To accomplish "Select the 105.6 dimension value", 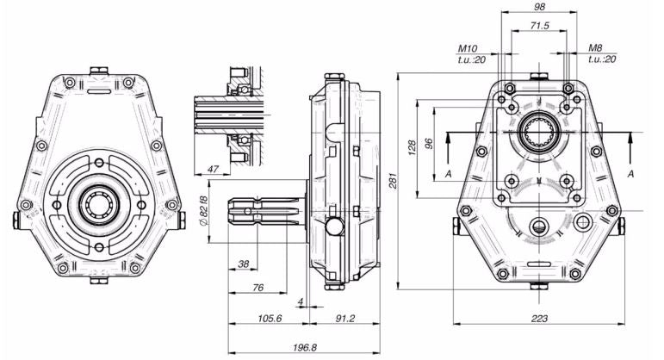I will point(270,318).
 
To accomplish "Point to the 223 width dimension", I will point(539,319).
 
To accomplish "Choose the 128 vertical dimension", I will point(415,148).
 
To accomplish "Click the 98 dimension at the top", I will point(539,6).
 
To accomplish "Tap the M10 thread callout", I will point(469,49).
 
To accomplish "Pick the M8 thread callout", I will point(596,49).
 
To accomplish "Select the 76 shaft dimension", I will point(258,288).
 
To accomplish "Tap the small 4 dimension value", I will point(300,301).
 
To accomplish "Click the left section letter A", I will point(449,174).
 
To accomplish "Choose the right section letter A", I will point(632,174).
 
